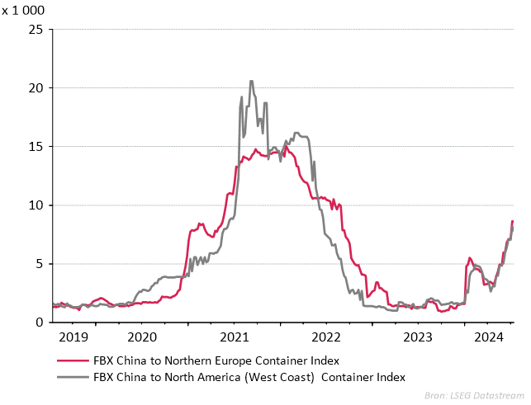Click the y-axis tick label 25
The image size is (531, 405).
click(x=36, y=30)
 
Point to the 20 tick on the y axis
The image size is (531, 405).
click(x=36, y=88)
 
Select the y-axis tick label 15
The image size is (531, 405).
click(x=36, y=147)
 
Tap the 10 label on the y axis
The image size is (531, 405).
click(x=36, y=205)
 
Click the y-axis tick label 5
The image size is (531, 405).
click(x=39, y=264)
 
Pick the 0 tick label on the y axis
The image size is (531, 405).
click(x=39, y=323)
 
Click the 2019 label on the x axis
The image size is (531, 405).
click(x=73, y=337)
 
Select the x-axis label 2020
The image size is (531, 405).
click(x=142, y=337)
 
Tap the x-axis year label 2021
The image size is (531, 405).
click(x=235, y=337)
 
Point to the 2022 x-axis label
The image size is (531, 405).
click(x=326, y=337)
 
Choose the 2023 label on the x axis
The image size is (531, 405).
click(x=418, y=337)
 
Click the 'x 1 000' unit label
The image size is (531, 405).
click(x=23, y=12)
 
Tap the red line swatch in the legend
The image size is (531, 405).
click(x=71, y=360)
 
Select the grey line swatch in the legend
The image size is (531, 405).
click(x=71, y=378)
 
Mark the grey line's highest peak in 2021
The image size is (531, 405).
click(x=251, y=81)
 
